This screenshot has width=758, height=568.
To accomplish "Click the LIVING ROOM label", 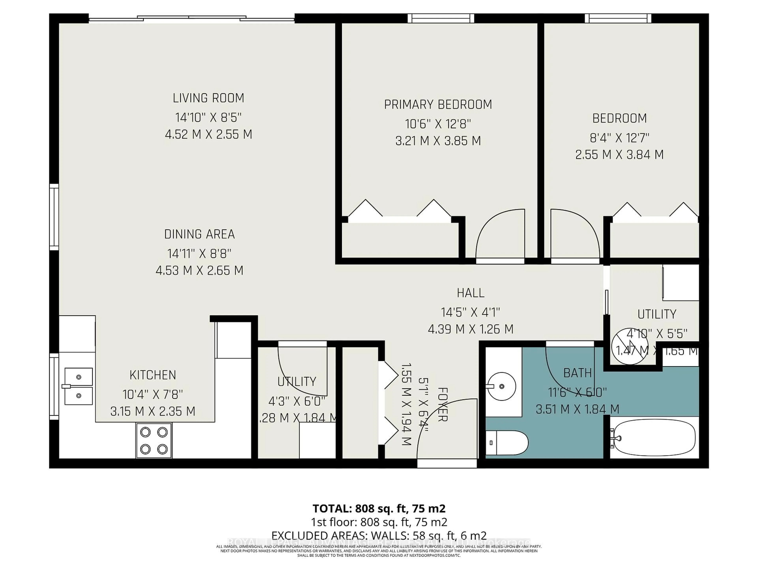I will point(208,98).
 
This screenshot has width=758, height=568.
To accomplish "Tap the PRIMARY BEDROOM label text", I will point(438,104).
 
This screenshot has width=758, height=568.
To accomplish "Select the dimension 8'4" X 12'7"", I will point(619,138).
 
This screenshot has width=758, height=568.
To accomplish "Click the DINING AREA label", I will point(199,234).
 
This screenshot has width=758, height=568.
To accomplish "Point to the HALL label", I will point(471,293).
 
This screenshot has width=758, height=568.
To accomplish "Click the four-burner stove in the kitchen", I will point(154,440).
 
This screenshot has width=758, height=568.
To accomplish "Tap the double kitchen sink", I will point(79,386).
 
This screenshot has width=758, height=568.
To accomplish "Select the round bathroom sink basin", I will point(501,386).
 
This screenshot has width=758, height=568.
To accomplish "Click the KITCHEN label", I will point(153,375).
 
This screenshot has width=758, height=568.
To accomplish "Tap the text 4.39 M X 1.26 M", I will point(471,329).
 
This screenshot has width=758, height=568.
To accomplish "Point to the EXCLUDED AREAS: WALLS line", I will point(379,535).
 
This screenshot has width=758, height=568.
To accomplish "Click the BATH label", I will point(577,373).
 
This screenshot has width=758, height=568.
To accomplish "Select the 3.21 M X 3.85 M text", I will point(438,141).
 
